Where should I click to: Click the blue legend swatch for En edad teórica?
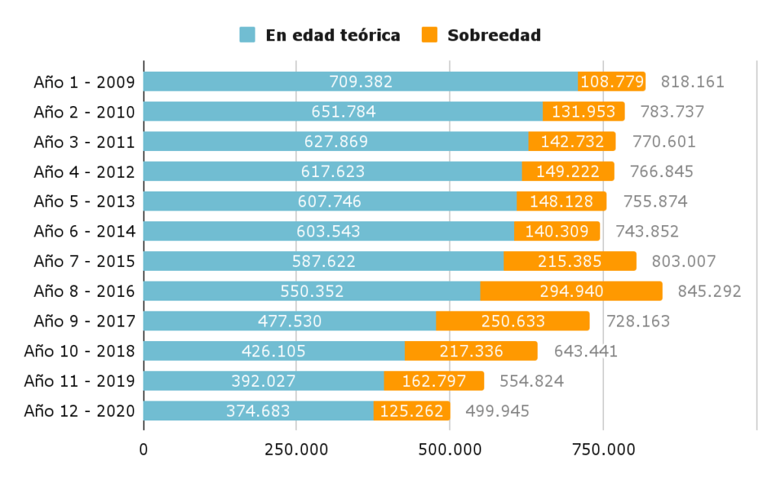click(247, 35)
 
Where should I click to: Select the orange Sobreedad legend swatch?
click(429, 35)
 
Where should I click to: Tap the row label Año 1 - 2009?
click(84, 82)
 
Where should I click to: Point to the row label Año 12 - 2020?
click(79, 411)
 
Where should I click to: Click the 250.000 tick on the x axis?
click(297, 449)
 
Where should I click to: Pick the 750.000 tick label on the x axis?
click(603, 449)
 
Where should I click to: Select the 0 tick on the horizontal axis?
click(143, 449)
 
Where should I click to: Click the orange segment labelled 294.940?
click(570, 291)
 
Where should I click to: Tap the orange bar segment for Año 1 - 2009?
click(612, 82)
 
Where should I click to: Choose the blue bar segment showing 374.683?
click(258, 411)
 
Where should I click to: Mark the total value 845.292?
click(709, 291)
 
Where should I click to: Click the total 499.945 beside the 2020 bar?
click(497, 411)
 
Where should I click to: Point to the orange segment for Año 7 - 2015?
click(570, 261)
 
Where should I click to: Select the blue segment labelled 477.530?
click(289, 320)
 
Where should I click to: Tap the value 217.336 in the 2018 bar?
click(471, 351)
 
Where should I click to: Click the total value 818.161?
click(692, 82)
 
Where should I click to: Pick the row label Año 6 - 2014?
click(84, 231)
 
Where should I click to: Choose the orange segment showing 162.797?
click(433, 381)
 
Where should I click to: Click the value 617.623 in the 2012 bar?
click(333, 172)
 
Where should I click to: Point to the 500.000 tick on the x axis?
click(450, 449)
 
